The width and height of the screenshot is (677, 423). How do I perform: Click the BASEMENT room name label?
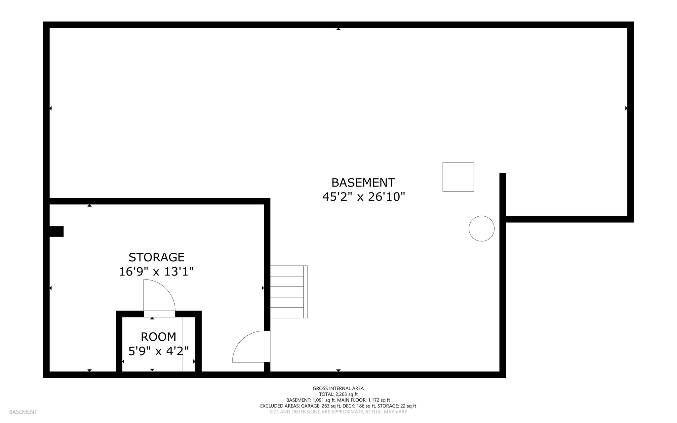(363, 183)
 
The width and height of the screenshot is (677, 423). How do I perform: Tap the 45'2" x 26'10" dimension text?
(363, 197)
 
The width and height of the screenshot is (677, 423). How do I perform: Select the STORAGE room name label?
(156, 257)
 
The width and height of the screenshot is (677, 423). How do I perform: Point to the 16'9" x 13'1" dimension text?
(156, 272)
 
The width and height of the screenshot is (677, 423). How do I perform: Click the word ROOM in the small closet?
(158, 337)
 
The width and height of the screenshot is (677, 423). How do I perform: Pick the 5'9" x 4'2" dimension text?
(158, 351)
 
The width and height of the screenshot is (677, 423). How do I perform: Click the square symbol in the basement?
(458, 177)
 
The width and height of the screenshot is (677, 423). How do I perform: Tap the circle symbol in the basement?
(481, 229)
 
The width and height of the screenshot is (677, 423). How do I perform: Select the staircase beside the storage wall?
(289, 292)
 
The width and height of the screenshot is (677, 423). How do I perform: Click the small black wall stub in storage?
(56, 232)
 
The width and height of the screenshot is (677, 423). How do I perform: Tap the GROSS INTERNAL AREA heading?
(338, 388)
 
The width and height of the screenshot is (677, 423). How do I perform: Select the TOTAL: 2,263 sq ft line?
(338, 394)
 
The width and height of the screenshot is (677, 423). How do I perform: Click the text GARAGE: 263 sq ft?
(321, 406)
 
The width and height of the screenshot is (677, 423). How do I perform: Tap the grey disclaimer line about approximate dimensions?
(338, 412)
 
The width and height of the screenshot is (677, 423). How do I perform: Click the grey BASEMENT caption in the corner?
(23, 412)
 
